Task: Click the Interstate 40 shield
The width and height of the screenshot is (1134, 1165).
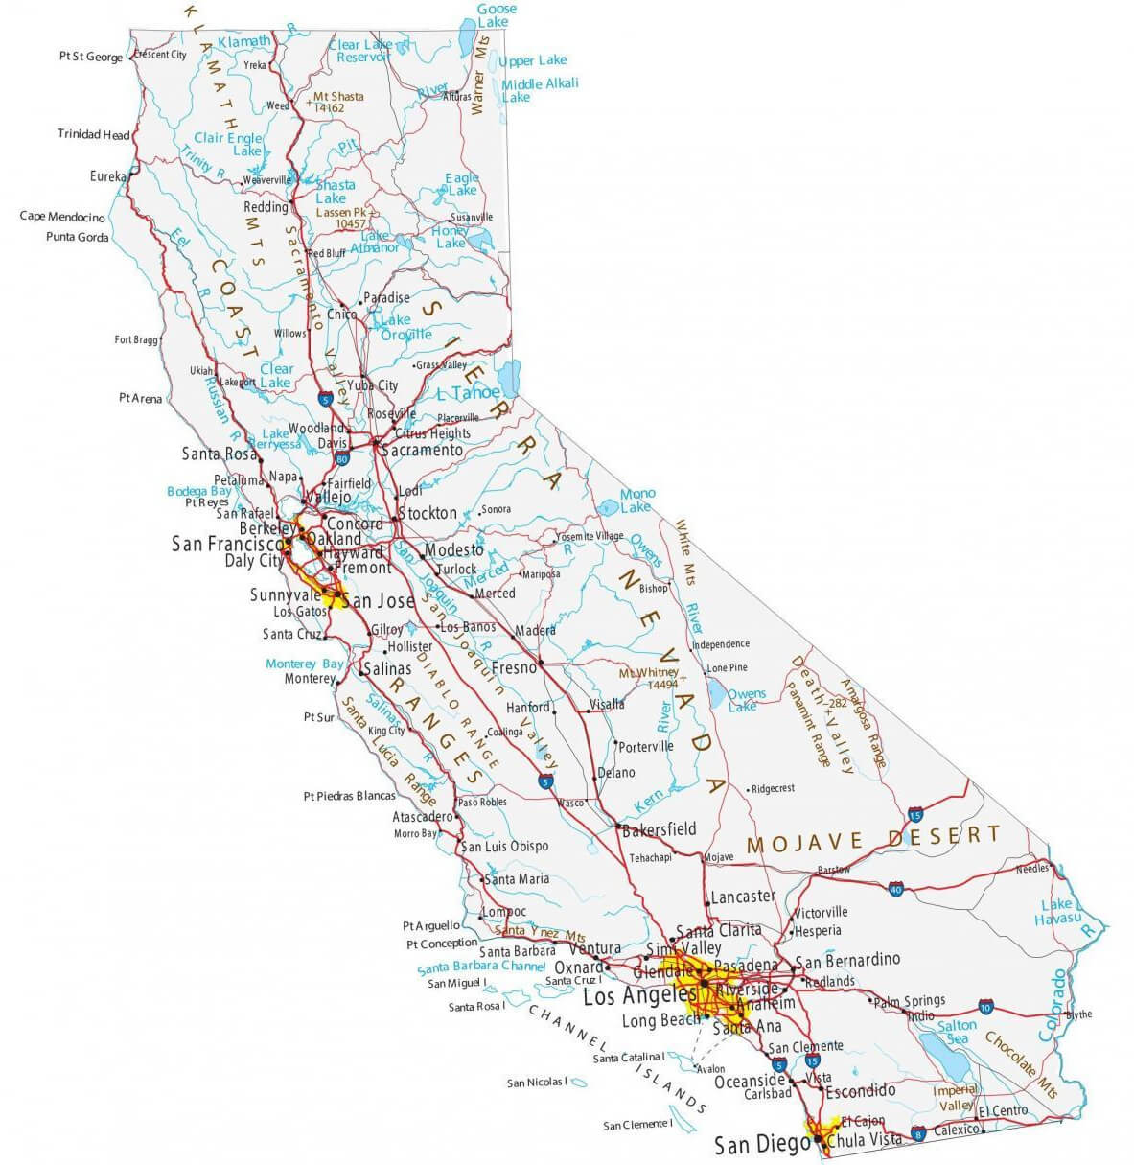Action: tap(895, 888)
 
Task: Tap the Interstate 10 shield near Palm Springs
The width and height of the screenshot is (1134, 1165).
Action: tap(985, 1005)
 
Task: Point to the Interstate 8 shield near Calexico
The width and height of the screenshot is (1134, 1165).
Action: tap(919, 1133)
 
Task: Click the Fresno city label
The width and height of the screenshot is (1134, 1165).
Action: tap(512, 667)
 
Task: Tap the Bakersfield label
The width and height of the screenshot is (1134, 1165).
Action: tap(660, 829)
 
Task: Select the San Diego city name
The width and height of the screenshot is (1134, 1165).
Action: tap(754, 1145)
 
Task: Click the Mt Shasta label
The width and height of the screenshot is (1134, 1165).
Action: tap(338, 97)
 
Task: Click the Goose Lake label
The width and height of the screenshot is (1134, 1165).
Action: tap(496, 15)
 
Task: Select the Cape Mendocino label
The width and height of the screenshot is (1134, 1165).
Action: tap(62, 217)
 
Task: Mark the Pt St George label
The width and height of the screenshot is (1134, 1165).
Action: tap(91, 58)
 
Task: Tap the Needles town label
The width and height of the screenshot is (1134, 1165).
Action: tap(1032, 869)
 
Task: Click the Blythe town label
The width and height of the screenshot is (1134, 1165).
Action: tap(1078, 1014)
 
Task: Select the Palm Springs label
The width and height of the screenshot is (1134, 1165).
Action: tap(909, 1000)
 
